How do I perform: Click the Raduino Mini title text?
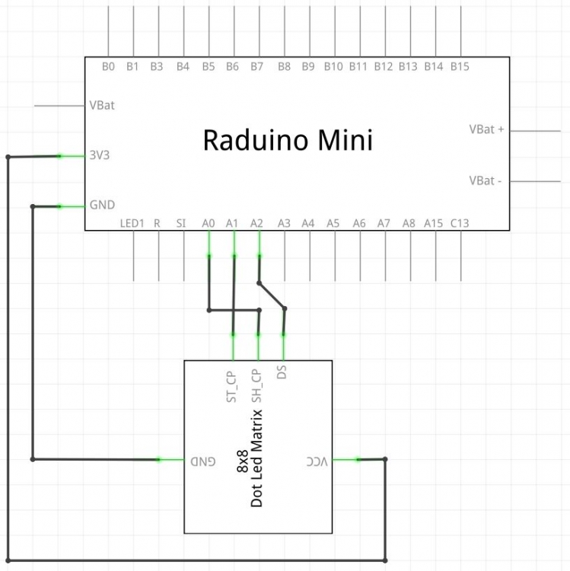click(288, 141)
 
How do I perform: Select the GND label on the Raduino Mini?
click(102, 205)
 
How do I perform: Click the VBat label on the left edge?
click(102, 105)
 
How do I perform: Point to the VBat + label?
click(486, 129)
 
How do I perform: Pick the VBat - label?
click(485, 180)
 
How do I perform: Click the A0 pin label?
click(209, 223)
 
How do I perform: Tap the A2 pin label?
click(256, 223)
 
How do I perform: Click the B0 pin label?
click(108, 67)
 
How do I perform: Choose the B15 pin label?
click(459, 67)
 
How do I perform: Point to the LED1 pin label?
click(132, 223)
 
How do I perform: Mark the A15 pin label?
click(433, 223)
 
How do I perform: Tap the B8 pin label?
click(283, 67)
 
